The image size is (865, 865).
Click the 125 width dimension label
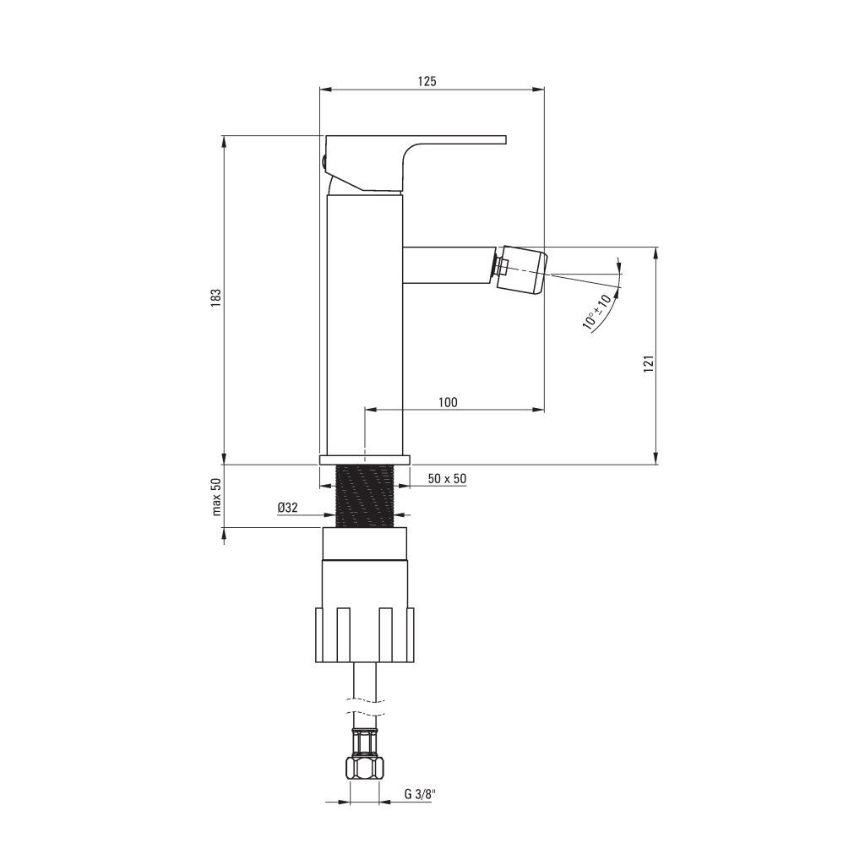427,81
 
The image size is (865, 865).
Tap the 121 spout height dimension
648,363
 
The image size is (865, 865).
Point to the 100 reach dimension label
448,402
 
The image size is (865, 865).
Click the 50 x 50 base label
447,478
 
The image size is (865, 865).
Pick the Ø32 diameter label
288,508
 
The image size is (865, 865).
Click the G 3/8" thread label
420,794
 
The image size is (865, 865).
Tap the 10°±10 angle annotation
597,312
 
